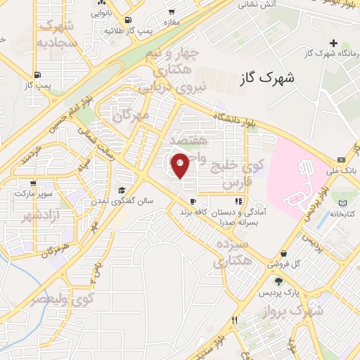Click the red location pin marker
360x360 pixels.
tap(180, 165)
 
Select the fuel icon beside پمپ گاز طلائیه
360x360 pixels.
tap(128, 20)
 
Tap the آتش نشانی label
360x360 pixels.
tap(257, 4)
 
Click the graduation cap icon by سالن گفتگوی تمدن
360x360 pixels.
tap(122, 191)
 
